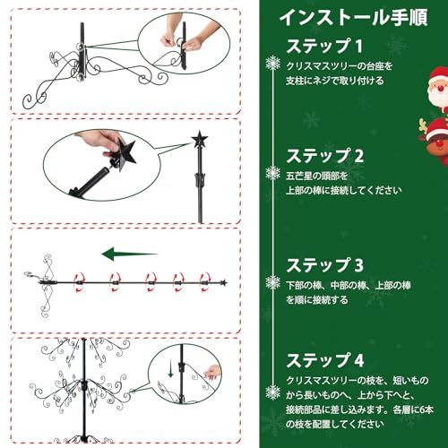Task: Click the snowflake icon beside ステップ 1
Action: coord(272,62)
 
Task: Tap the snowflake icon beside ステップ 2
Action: coord(272,170)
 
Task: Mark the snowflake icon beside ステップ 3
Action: coord(272,281)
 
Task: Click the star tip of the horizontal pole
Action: coord(222,282)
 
